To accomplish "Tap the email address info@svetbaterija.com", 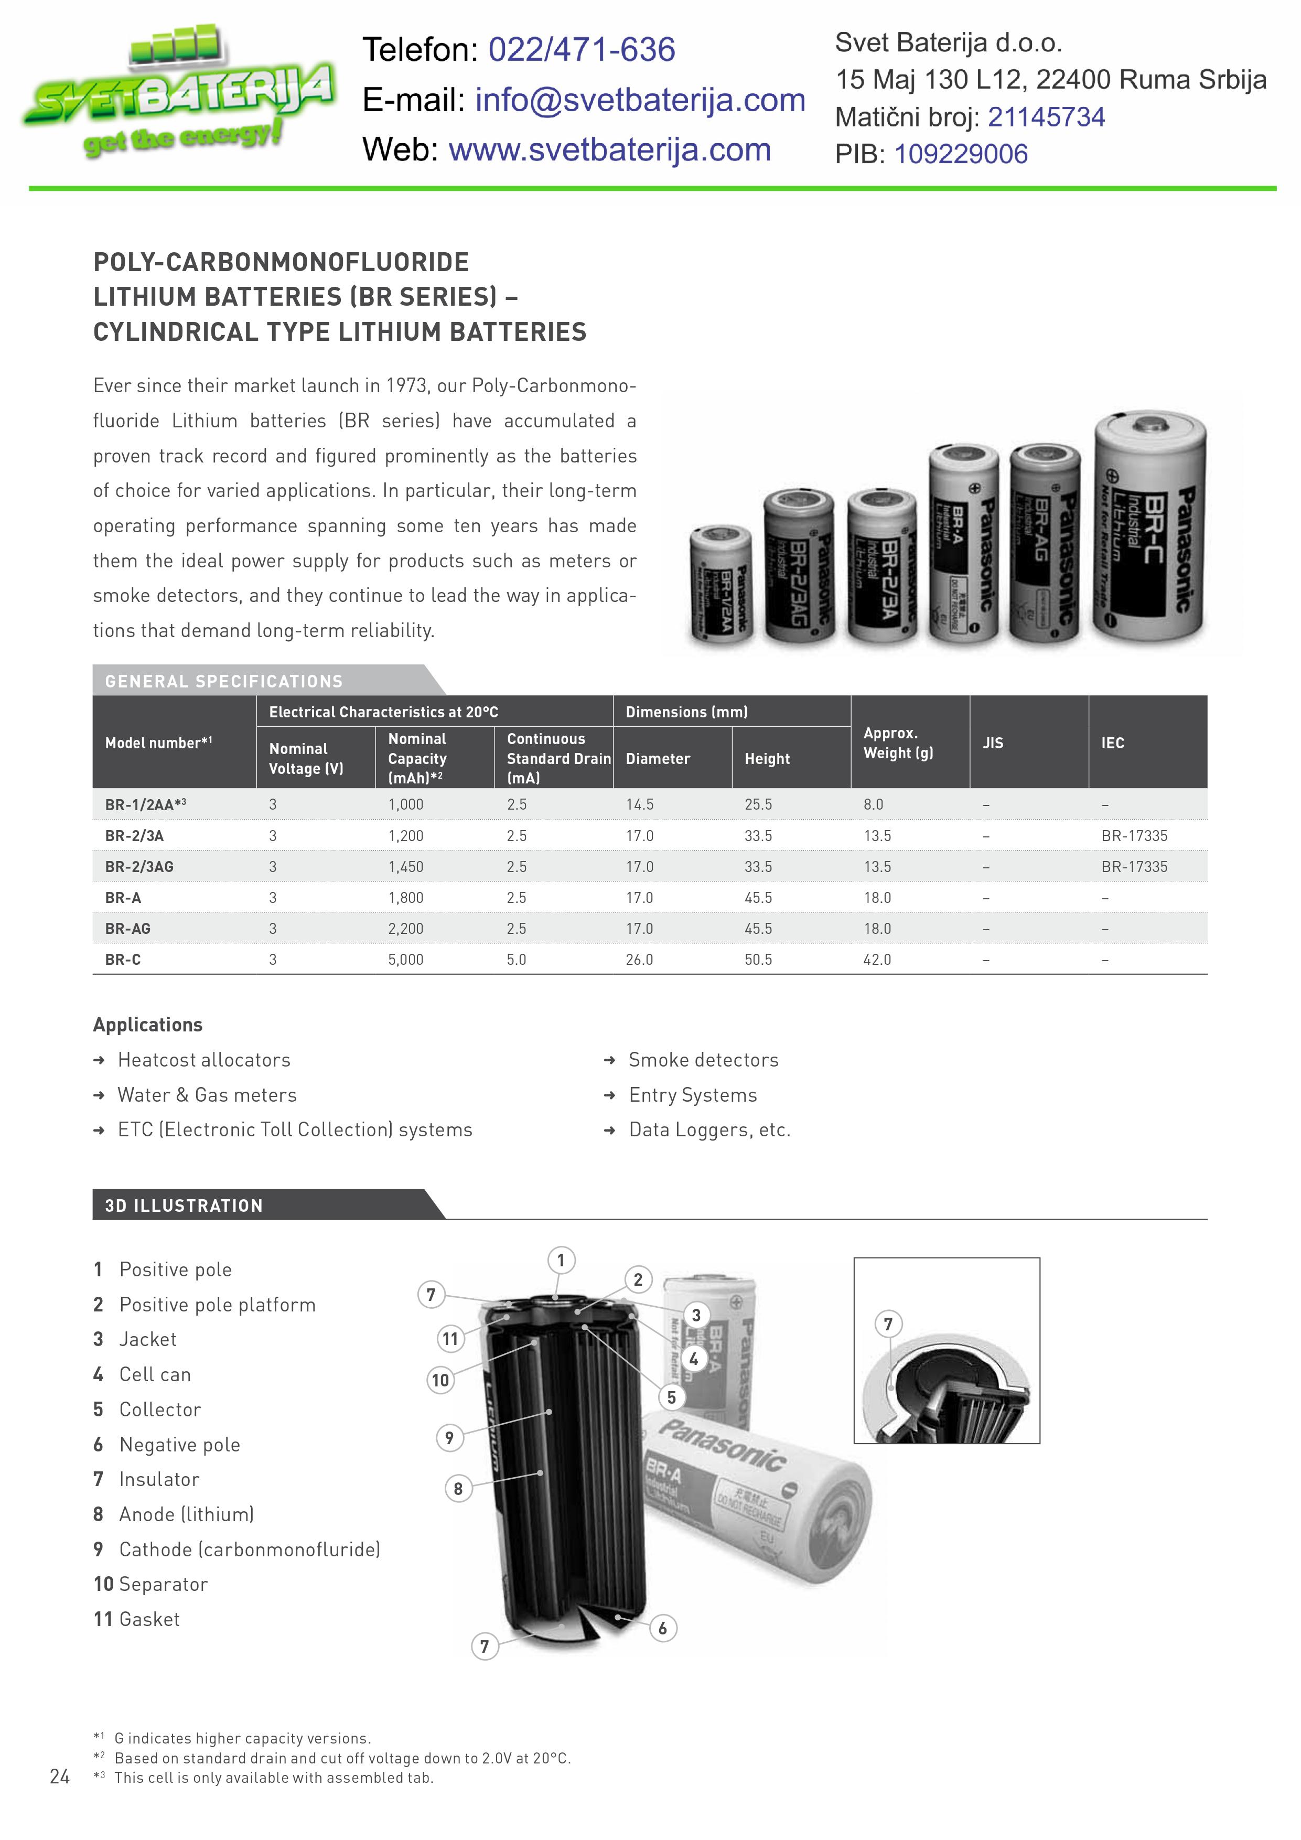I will coord(640,100).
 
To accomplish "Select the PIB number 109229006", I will coord(960,154).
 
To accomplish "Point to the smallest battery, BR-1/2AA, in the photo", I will coord(720,585).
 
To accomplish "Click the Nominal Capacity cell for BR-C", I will coord(405,959).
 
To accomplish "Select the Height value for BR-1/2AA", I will coord(758,804).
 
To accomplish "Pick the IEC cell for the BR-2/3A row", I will coord(1134,835).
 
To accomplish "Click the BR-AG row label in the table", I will coord(127,928).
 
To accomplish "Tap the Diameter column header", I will coord(657,758).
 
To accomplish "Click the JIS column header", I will coord(992,743).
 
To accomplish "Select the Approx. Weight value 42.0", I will coord(877,959).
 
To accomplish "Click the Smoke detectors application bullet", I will coord(703,1059).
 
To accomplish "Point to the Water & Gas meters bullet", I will coord(207,1095).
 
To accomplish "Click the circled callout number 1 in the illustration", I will coord(561,1260).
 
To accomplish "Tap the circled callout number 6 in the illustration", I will coord(662,1628).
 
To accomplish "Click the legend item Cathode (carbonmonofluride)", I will coord(249,1549).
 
